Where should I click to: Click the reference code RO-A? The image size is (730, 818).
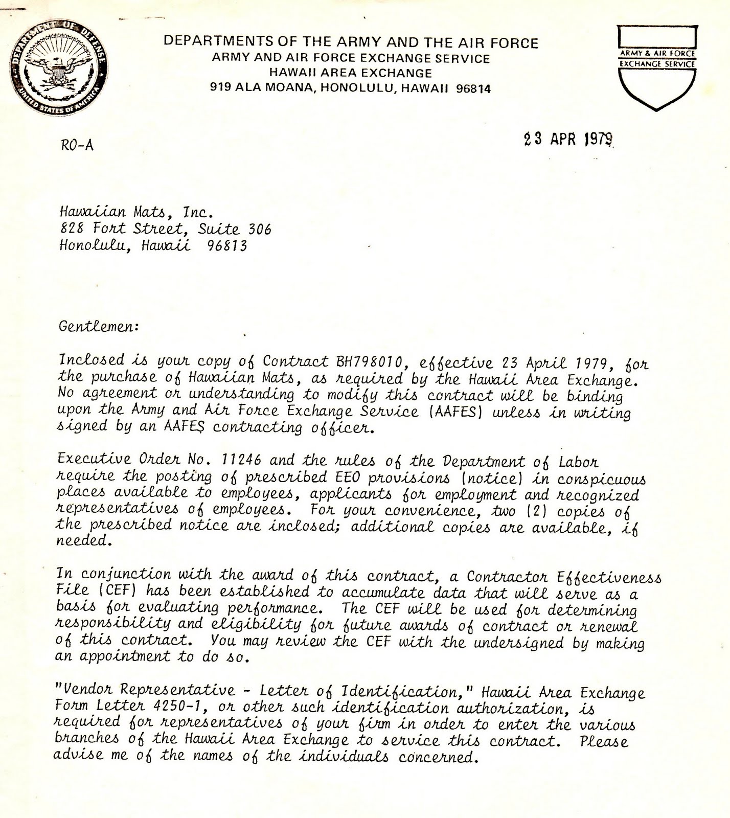coord(77,145)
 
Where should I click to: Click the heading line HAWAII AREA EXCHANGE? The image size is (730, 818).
coord(350,73)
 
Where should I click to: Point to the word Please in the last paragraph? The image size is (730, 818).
coord(604,741)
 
